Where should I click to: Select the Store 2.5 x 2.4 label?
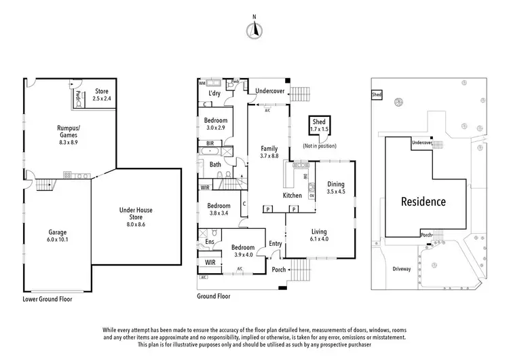pyautogui.click(x=102, y=94)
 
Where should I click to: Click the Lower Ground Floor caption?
pyautogui.click(x=47, y=299)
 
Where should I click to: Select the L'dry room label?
pyautogui.click(x=214, y=93)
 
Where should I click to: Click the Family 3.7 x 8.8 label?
pyautogui.click(x=269, y=151)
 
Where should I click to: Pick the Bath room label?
pyautogui.click(x=215, y=164)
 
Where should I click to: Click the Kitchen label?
pyautogui.click(x=292, y=196)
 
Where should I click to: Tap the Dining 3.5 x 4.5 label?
pyautogui.click(x=336, y=187)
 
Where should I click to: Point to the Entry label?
pyautogui.click(x=275, y=244)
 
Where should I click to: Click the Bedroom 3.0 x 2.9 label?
pyautogui.click(x=214, y=124)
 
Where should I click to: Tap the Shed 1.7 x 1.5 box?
pyautogui.click(x=319, y=125)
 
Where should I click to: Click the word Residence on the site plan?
pyautogui.click(x=423, y=202)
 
